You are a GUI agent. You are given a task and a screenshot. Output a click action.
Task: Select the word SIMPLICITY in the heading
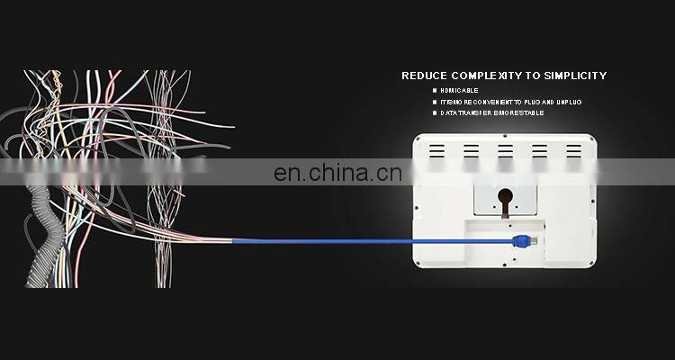[x=574, y=76]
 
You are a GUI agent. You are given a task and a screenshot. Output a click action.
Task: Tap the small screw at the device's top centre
[x=505, y=137]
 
